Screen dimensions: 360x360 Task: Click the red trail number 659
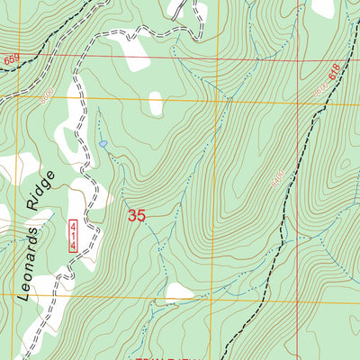tap(11, 58)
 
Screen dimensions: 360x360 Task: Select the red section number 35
tap(137, 216)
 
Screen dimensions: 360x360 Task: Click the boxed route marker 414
tap(73, 236)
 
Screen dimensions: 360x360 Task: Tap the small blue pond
tap(103, 143)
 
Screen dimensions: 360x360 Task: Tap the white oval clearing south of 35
tap(179, 292)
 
